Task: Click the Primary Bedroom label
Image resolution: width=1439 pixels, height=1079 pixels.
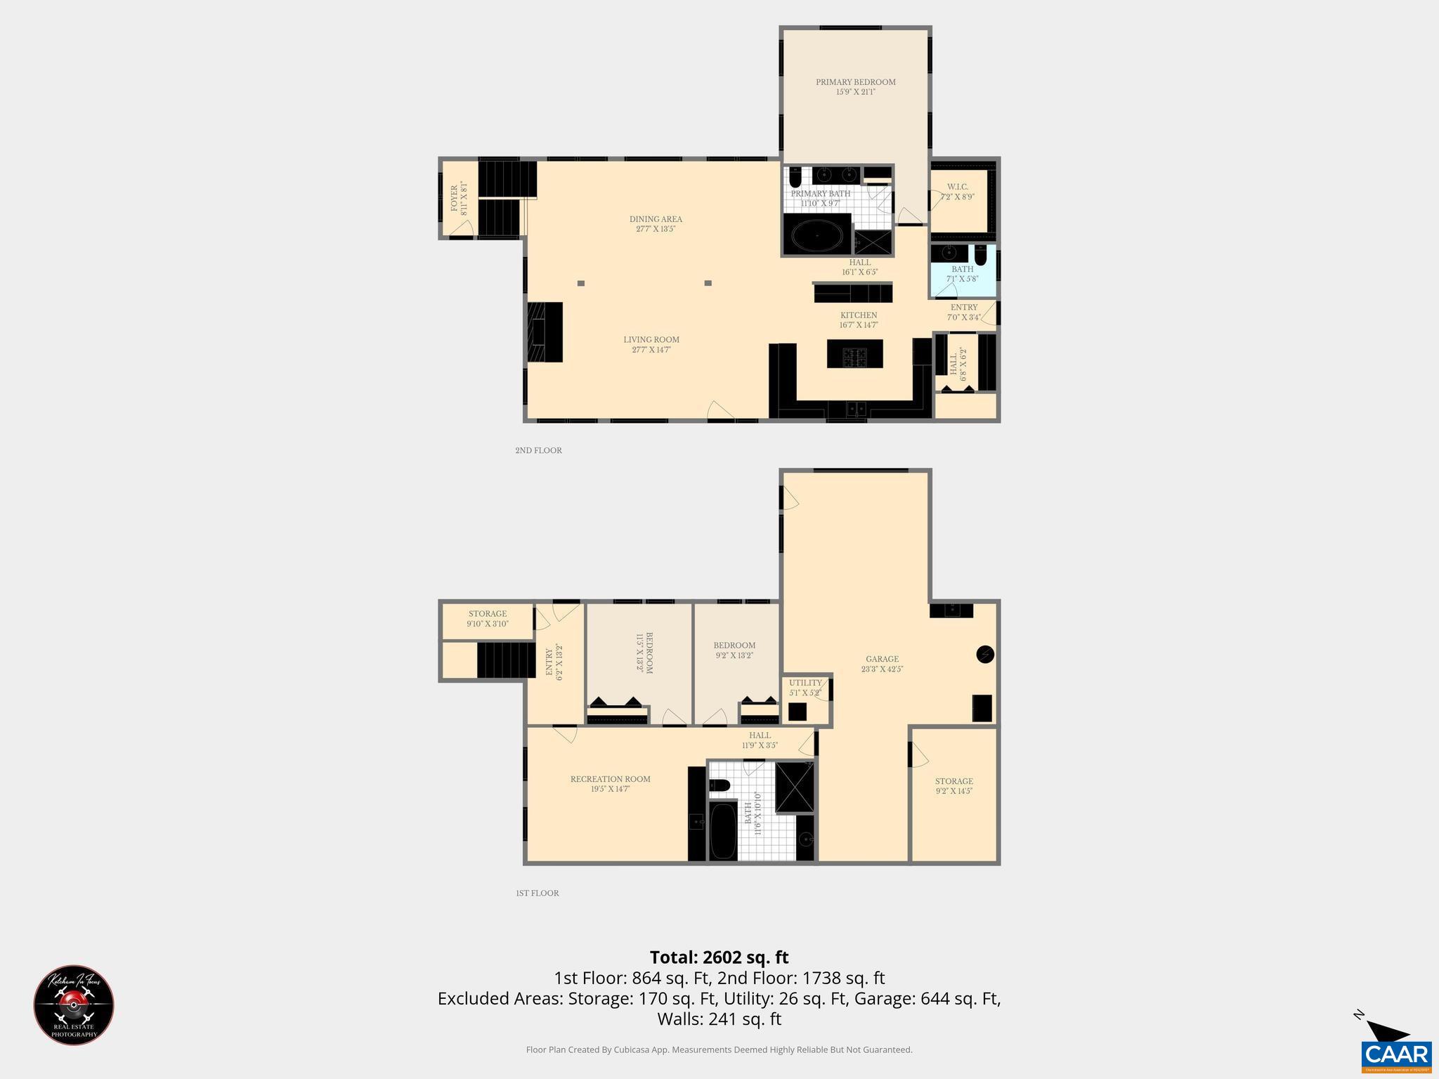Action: [855, 82]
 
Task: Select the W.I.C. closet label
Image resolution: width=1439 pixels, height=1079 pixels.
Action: [957, 187]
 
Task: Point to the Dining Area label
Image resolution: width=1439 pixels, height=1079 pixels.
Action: [656, 219]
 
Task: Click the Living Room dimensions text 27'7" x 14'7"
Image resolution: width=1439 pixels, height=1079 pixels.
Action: [651, 350]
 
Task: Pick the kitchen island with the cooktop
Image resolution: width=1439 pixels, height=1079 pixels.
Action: [854, 353]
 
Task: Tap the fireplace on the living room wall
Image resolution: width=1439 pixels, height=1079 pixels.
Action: [545, 332]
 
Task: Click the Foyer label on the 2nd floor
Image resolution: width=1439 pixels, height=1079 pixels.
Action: [454, 198]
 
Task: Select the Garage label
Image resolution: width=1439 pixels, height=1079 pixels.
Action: [882, 659]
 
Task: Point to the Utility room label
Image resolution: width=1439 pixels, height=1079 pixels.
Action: [805, 683]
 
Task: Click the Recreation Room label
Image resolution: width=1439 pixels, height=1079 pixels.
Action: [610, 779]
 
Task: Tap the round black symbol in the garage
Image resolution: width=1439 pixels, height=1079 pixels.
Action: [985, 655]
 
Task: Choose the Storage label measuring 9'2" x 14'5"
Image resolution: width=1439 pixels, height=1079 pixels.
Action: [953, 781]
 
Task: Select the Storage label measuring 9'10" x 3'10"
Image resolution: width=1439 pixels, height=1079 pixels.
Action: [488, 614]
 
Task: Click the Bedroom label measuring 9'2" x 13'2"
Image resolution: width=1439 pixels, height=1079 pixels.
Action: [734, 646]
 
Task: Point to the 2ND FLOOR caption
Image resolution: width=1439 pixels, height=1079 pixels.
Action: [538, 450]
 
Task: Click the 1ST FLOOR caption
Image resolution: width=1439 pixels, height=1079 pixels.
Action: [537, 893]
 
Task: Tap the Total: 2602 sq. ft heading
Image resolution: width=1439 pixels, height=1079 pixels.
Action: [719, 957]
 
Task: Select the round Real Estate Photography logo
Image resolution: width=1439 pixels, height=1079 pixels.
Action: [74, 1005]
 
